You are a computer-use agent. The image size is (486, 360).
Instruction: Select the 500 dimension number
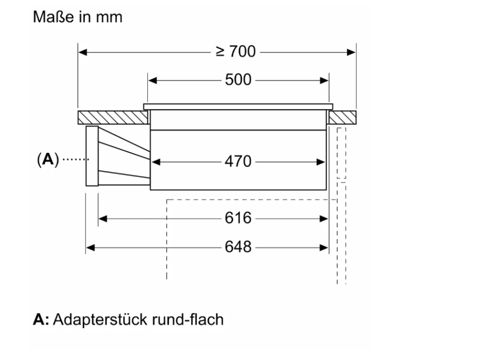coord(238,80)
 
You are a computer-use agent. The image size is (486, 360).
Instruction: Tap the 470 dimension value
coord(238,162)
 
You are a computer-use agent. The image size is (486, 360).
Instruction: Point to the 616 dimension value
coord(238,219)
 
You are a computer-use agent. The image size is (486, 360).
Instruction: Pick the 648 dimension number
coord(238,247)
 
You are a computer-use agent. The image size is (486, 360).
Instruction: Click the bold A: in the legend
coord(41,320)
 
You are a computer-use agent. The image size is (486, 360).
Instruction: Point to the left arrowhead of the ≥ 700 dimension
coord(83,52)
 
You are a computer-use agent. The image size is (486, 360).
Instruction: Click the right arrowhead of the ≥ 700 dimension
coord(352,52)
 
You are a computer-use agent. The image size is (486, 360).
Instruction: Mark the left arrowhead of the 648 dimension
coord(91,247)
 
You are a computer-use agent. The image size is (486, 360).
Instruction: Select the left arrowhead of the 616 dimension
coord(103,219)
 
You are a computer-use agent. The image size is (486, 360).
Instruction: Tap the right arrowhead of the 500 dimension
coord(325,80)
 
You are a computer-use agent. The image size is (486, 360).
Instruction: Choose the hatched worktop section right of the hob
coord(342,117)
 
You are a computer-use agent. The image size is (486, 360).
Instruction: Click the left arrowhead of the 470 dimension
coord(155,162)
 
